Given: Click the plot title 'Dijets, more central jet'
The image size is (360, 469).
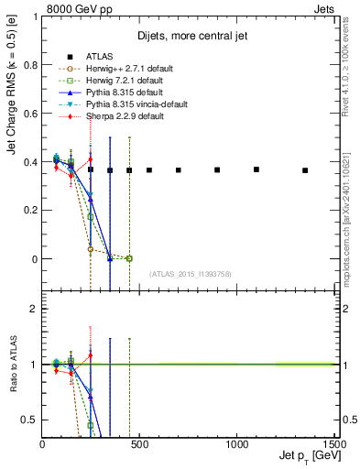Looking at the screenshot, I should (189, 36).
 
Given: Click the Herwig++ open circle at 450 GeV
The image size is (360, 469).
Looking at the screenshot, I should (129, 258).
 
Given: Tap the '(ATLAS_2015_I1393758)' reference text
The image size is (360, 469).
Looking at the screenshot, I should (190, 274).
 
